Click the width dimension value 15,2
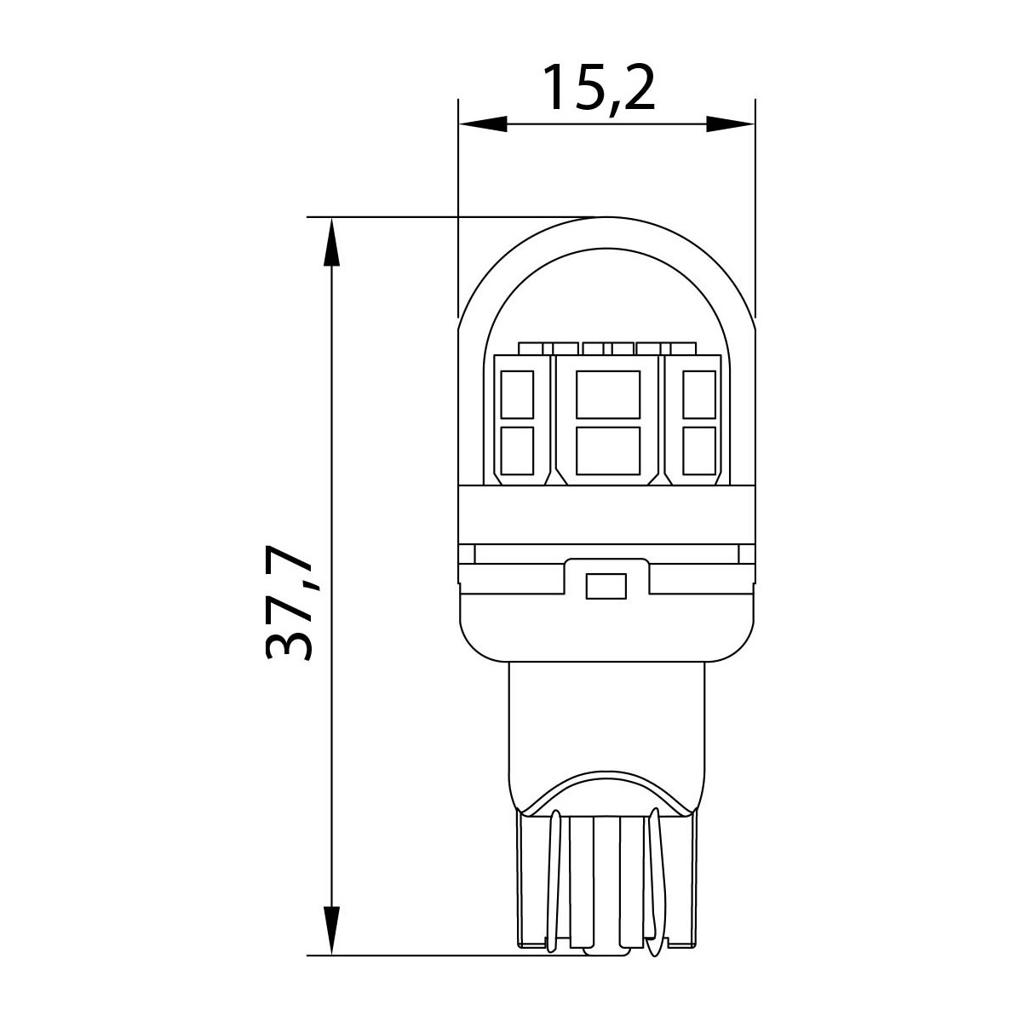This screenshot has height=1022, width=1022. point(600,89)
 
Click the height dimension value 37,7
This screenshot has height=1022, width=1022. point(288,603)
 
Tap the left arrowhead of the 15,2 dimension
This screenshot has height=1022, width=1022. point(483,124)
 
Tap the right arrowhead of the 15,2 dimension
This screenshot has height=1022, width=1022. point(730,124)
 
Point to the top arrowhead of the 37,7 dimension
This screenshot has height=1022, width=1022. point(331,242)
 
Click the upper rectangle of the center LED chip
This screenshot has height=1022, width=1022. point(608,394)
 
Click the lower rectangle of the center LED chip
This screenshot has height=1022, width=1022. point(608,451)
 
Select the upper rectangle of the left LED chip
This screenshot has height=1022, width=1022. point(517,394)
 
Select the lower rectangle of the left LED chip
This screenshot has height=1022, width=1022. point(517,451)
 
